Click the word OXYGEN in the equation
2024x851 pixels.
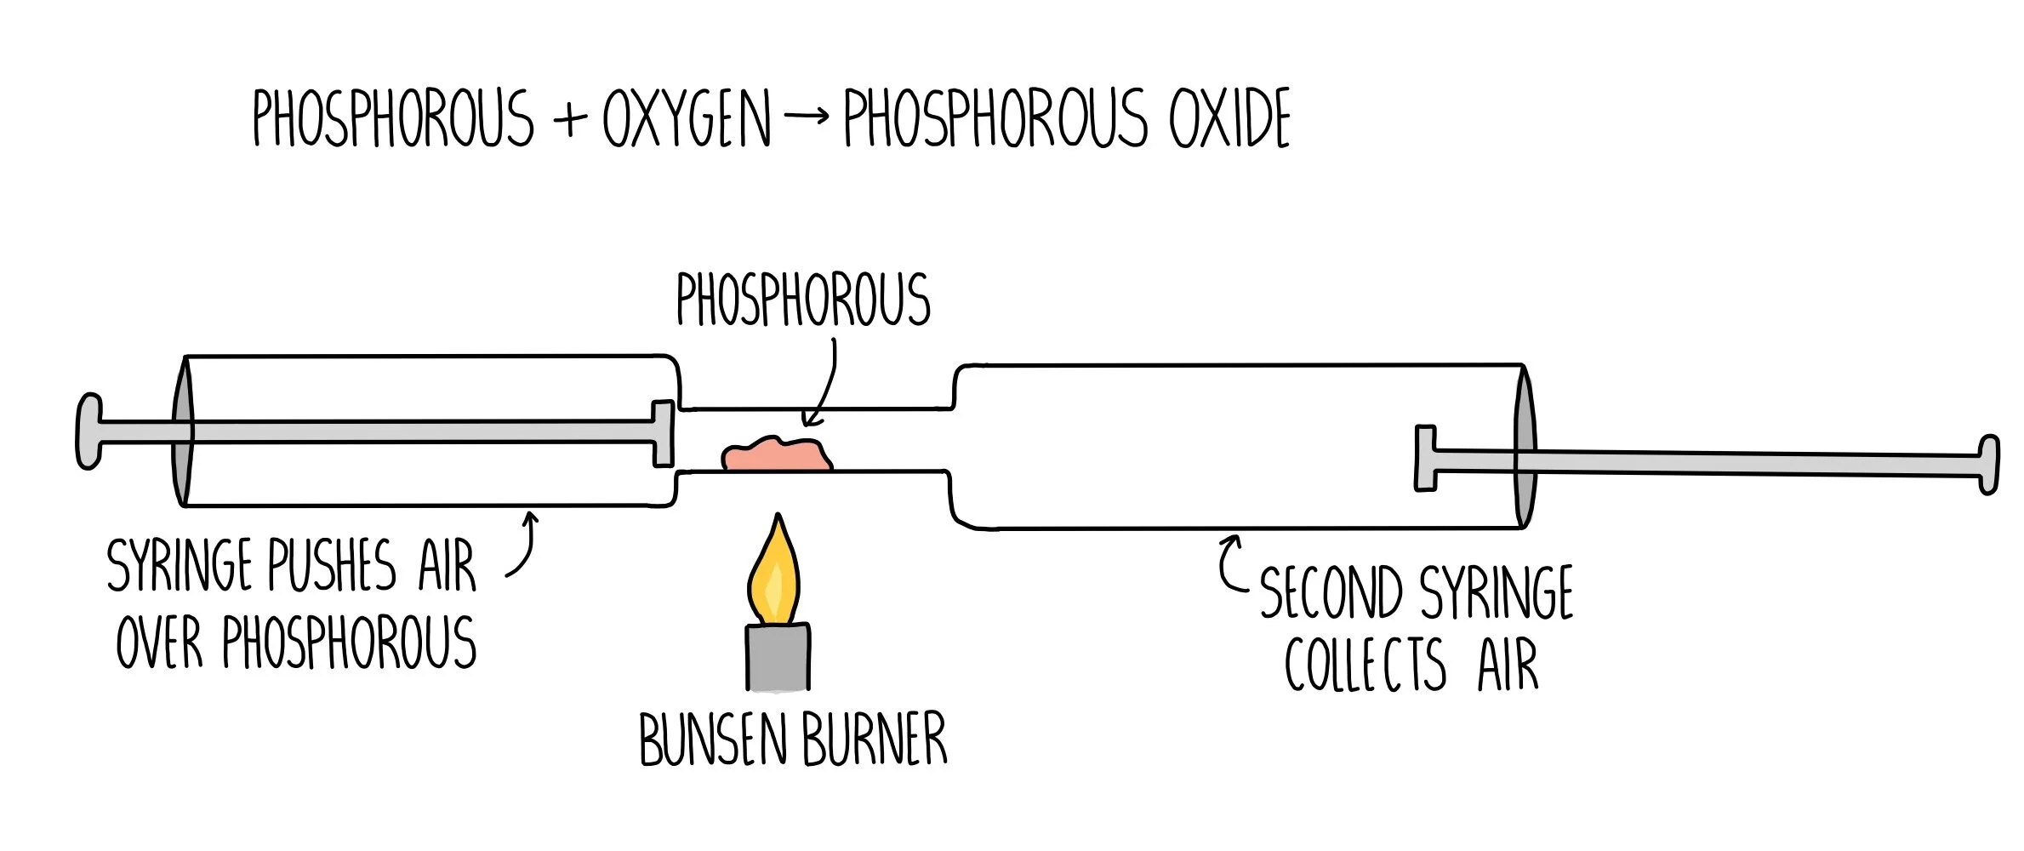pos(687,119)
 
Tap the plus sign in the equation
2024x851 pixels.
pos(570,119)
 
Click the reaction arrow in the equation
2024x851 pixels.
pos(806,116)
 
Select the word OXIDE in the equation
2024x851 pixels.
pos(1229,119)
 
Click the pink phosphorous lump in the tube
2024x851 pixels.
pos(776,455)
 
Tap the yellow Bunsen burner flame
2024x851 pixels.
pos(774,574)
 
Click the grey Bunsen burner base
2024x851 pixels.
pos(778,656)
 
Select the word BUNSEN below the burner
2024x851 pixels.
pos(713,740)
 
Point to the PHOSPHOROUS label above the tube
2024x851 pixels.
pos(803,300)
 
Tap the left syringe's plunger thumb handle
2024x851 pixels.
pos(88,431)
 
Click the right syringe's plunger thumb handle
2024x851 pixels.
pos(1988,464)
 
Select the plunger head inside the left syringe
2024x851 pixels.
pos(663,433)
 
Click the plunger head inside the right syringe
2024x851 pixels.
pos(1425,458)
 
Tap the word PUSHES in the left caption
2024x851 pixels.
pos(333,565)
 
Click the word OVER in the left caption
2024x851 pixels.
pos(160,643)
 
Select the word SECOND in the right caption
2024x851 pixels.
pos(1331,592)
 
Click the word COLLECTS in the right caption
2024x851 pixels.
pos(1365,665)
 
